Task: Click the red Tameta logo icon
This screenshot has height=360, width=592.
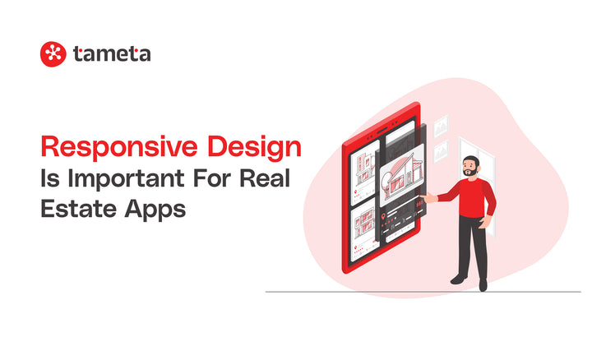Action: pos(53,54)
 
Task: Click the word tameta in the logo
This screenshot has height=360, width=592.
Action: pos(111,54)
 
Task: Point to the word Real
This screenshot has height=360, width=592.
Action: pos(268,178)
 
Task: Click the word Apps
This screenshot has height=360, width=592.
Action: pos(156,207)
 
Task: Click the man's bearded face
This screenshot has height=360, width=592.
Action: pos(469,167)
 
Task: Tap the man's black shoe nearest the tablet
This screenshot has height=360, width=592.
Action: pos(458,280)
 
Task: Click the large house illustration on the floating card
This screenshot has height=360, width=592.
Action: pos(402,182)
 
